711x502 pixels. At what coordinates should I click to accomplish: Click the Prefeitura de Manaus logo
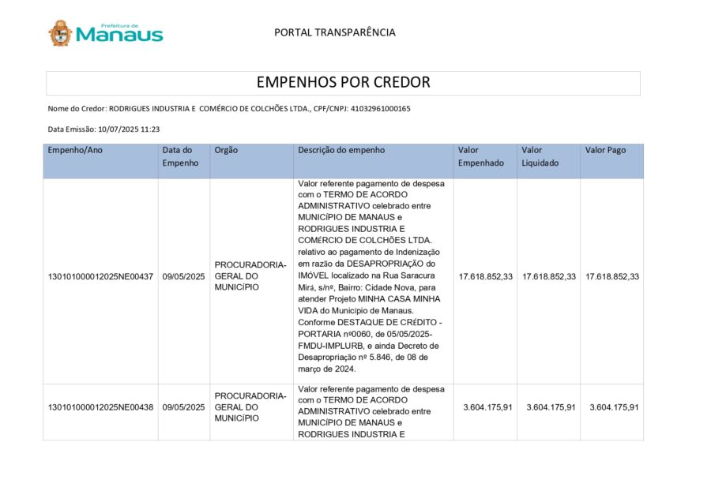105,33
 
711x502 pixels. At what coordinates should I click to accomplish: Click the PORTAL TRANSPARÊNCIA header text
334,32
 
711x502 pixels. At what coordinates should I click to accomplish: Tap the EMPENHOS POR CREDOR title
343,82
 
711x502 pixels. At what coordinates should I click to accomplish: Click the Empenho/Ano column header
75,150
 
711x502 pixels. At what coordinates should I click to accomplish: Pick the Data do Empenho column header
178,156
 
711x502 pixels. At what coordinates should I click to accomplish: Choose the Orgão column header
226,150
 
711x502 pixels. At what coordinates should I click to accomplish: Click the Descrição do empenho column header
341,150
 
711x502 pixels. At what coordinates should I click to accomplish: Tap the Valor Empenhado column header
481,156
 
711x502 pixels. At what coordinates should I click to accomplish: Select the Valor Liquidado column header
540,156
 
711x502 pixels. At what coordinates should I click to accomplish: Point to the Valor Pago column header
605,150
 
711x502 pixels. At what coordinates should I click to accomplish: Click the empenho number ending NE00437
100,277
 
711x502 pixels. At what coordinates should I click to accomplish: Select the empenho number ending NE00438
100,407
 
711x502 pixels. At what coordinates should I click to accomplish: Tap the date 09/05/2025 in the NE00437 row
183,277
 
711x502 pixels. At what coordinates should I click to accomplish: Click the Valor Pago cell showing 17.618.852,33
612,277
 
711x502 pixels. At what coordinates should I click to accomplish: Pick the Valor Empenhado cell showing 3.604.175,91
485,407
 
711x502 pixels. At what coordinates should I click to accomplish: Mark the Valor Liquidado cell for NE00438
549,407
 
